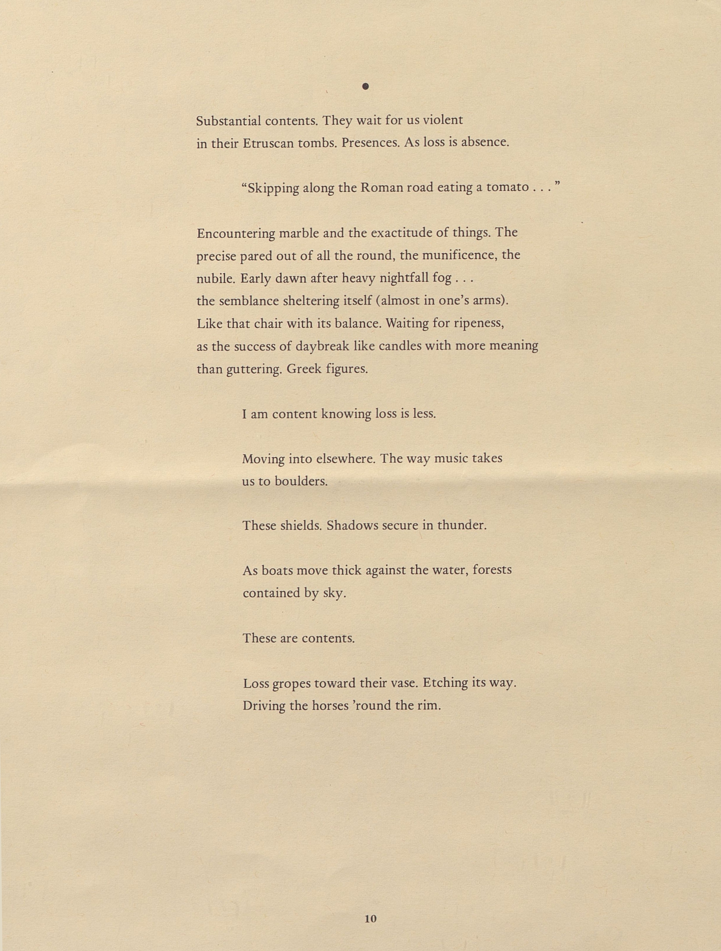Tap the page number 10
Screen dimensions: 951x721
[x=370, y=919]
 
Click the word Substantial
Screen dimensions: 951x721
[x=228, y=121]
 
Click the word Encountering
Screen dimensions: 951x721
[x=236, y=233]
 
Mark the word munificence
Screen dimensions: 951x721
[x=459, y=255]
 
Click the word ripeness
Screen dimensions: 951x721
[x=479, y=323]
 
